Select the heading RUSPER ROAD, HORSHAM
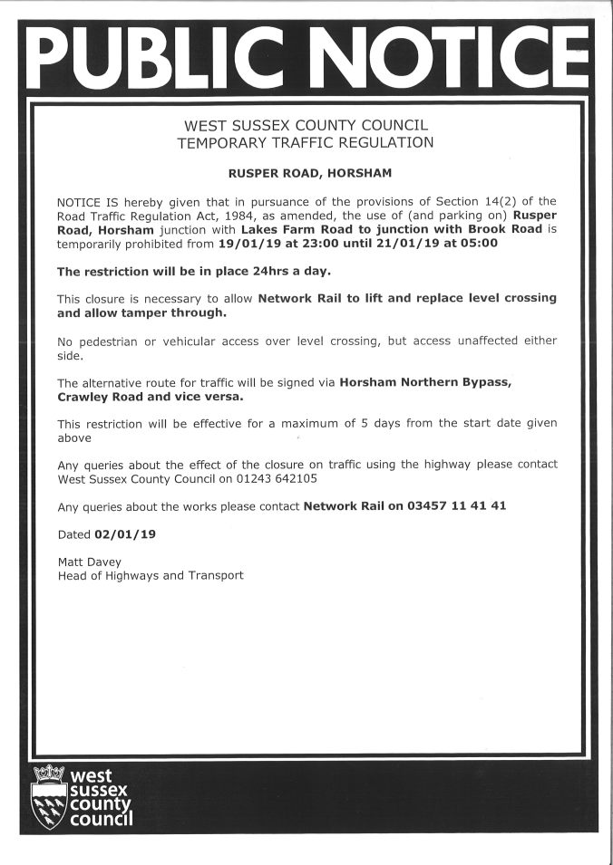click(306, 171)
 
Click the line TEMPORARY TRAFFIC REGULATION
click(306, 142)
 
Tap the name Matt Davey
click(90, 562)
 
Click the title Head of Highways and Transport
click(151, 575)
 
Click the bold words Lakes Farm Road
click(292, 230)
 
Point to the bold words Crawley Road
click(99, 396)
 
